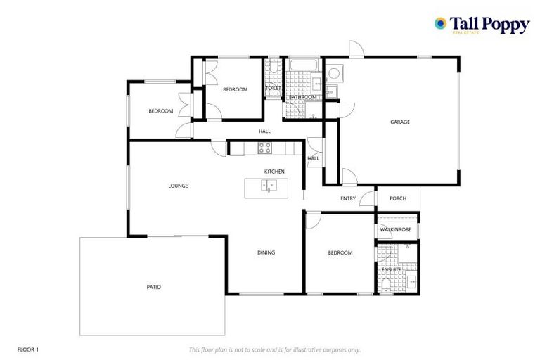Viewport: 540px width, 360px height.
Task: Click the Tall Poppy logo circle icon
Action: (441, 23)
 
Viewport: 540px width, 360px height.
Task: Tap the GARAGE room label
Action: (400, 122)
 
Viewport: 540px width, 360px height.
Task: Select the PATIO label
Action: (153, 286)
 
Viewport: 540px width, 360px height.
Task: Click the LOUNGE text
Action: (178, 186)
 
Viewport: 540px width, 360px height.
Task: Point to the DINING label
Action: (266, 252)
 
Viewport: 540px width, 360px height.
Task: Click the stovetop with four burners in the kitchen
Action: (265, 148)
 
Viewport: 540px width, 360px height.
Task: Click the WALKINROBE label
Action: (394, 229)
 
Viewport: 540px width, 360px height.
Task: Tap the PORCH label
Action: (398, 198)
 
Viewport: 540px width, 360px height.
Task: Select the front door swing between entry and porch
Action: (366, 199)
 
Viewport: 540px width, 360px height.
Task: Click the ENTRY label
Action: (348, 198)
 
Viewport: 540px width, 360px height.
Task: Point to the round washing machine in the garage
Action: (333, 73)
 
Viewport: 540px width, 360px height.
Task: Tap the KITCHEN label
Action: (274, 172)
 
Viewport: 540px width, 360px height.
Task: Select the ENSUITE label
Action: (391, 269)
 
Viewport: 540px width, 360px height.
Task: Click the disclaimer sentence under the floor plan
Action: (275, 349)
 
